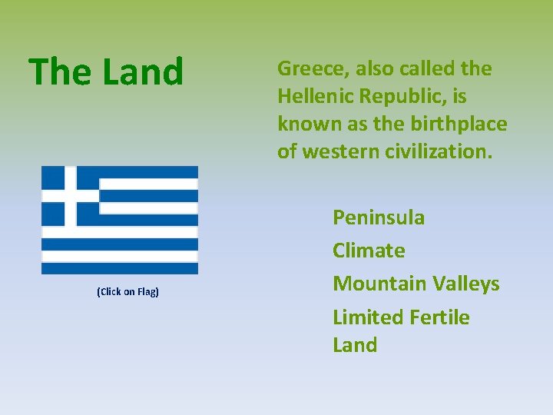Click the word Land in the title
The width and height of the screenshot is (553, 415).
(x=144, y=71)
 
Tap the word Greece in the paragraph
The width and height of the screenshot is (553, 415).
(x=309, y=69)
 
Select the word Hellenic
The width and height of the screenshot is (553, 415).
(x=313, y=97)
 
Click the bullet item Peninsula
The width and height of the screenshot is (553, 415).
(x=378, y=217)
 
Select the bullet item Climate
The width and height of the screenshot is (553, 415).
(x=369, y=251)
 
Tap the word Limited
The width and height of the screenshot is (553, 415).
(x=365, y=317)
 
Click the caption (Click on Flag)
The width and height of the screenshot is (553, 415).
(x=127, y=292)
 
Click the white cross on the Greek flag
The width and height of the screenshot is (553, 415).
(x=70, y=196)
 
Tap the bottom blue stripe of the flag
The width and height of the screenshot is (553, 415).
(x=120, y=268)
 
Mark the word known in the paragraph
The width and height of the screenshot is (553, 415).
(x=304, y=124)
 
